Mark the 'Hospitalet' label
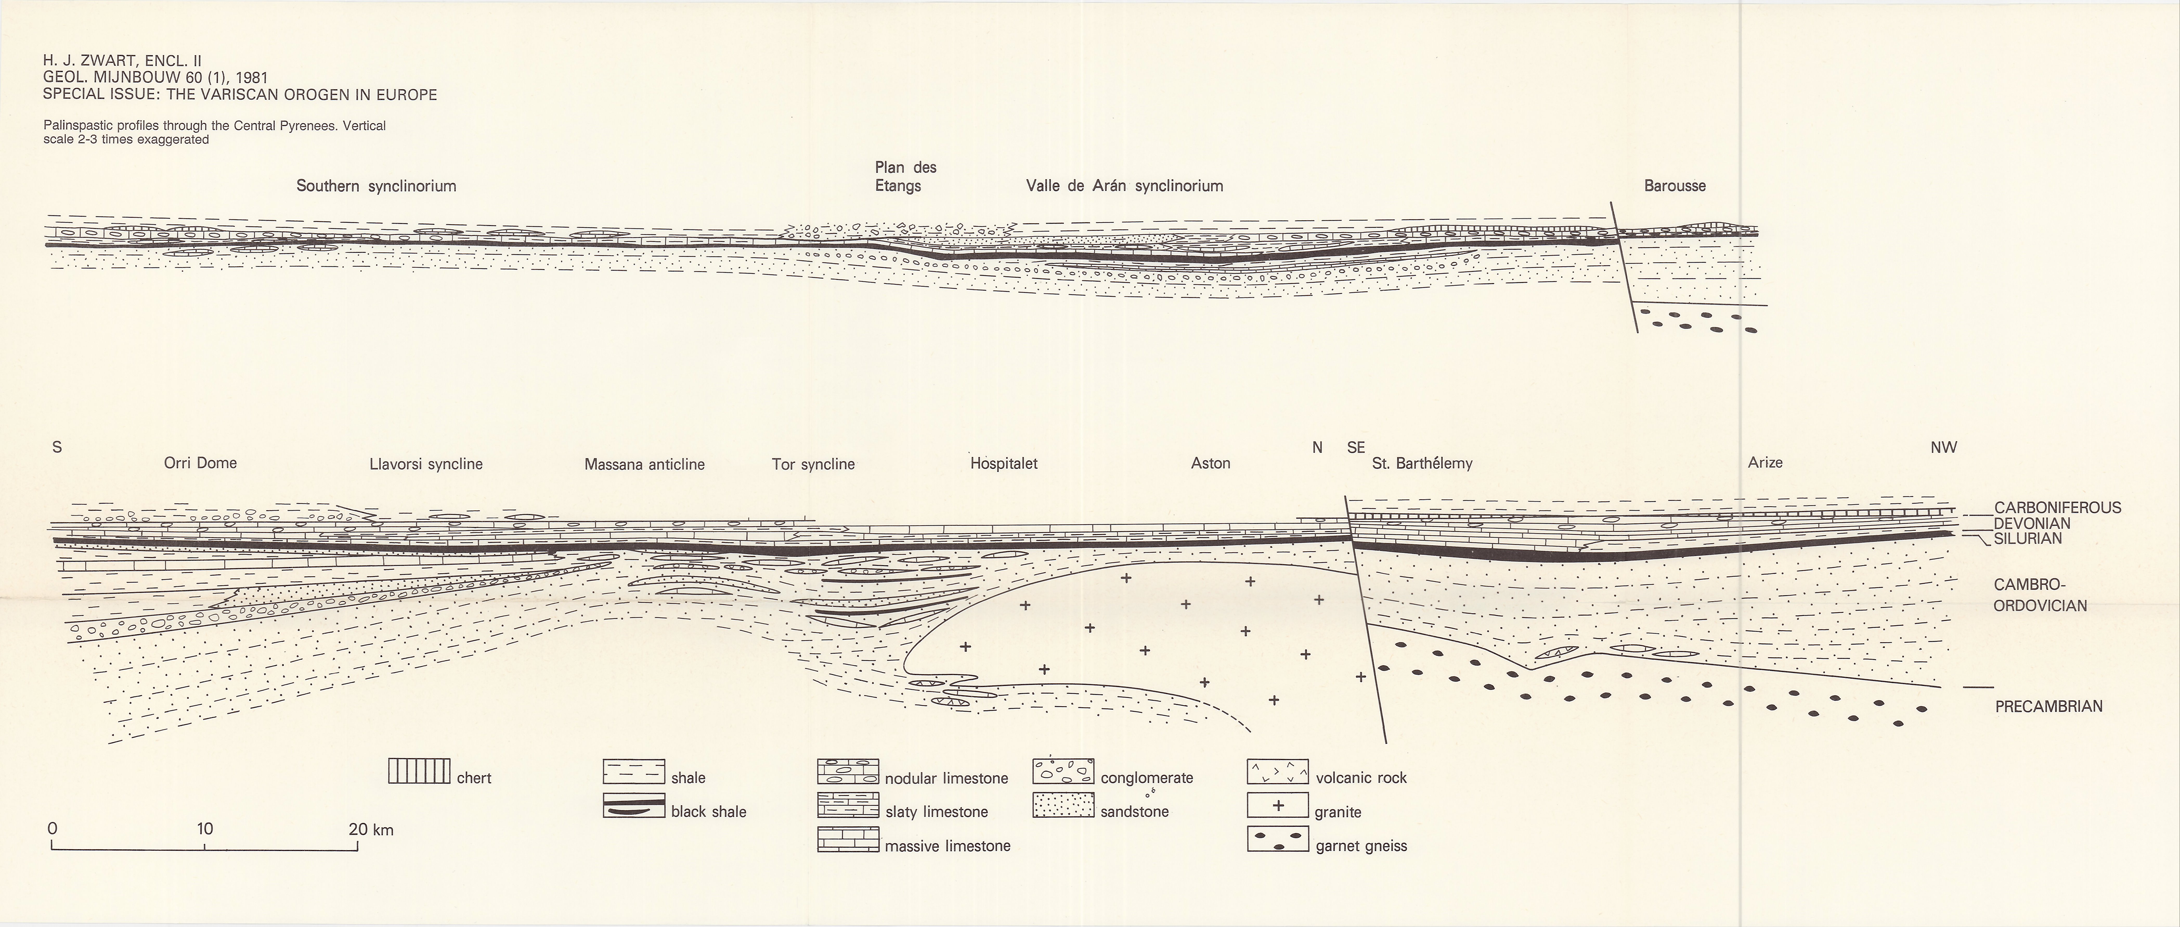1004,463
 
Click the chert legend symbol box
418,771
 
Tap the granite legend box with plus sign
1278,805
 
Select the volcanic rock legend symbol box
1278,771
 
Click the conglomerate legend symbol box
1063,771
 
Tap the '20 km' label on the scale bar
371,829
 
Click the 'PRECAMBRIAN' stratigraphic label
2048,706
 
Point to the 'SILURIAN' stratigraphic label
2028,538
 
